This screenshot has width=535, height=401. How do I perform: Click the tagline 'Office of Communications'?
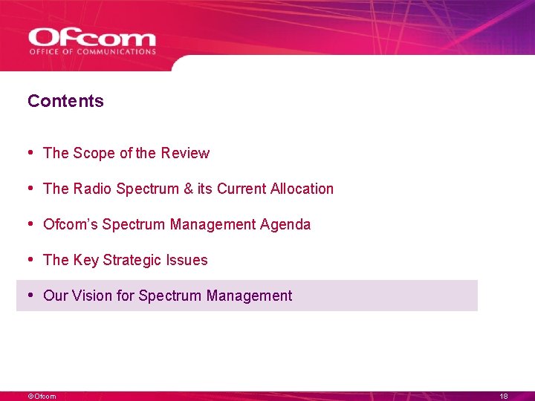[x=92, y=52]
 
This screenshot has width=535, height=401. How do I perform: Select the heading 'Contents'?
[x=65, y=101]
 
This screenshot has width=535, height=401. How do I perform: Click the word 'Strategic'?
[x=134, y=260]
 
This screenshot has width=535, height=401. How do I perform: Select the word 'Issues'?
[x=188, y=260]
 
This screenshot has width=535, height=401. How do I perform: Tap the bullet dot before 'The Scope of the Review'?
[x=30, y=152]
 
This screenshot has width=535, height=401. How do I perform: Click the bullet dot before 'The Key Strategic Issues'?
[x=30, y=259]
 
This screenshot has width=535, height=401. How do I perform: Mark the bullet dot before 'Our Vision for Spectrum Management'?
[x=30, y=295]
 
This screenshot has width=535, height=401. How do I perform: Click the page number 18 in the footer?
[x=504, y=397]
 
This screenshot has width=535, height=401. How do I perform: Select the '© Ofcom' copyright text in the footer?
[x=42, y=397]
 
